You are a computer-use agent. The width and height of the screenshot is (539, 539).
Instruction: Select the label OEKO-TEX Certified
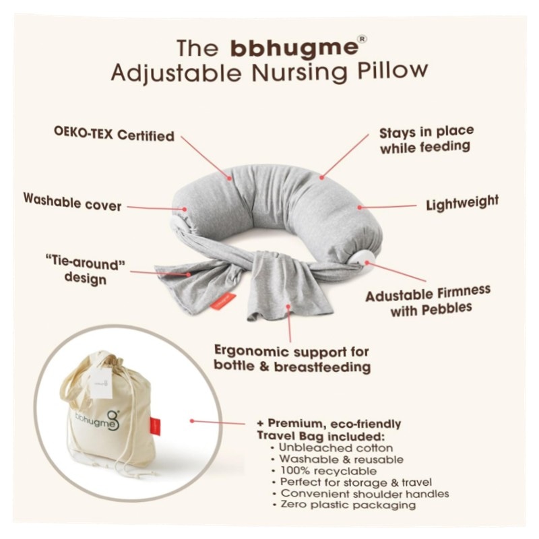(114, 135)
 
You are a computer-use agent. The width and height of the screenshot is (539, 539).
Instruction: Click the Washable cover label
(72, 200)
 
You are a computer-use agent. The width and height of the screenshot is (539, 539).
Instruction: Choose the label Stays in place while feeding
(426, 138)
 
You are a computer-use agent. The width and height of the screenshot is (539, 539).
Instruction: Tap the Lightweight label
(462, 201)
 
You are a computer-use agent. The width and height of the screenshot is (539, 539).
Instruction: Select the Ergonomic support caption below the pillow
(292, 359)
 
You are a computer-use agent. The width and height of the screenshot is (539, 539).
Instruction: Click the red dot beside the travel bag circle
(192, 421)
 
